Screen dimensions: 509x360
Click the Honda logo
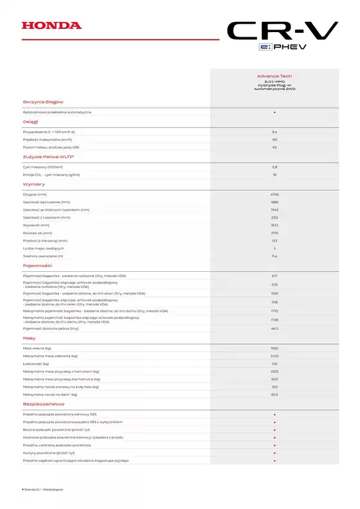(51, 26)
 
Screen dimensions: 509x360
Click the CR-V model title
(282, 31)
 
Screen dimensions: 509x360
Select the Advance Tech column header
(274, 76)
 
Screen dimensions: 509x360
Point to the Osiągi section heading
(30, 121)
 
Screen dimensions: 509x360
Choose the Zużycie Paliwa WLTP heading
(48, 156)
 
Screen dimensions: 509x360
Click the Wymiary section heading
(33, 184)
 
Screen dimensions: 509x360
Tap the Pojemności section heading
(37, 265)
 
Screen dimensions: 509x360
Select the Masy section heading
(29, 337)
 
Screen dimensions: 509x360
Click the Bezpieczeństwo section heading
(43, 404)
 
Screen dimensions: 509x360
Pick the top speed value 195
(274, 139)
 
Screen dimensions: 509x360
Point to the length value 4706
(274, 193)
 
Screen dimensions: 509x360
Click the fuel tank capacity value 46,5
(274, 328)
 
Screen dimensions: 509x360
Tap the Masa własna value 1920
(274, 348)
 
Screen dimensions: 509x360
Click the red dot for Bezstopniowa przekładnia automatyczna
(274, 112)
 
